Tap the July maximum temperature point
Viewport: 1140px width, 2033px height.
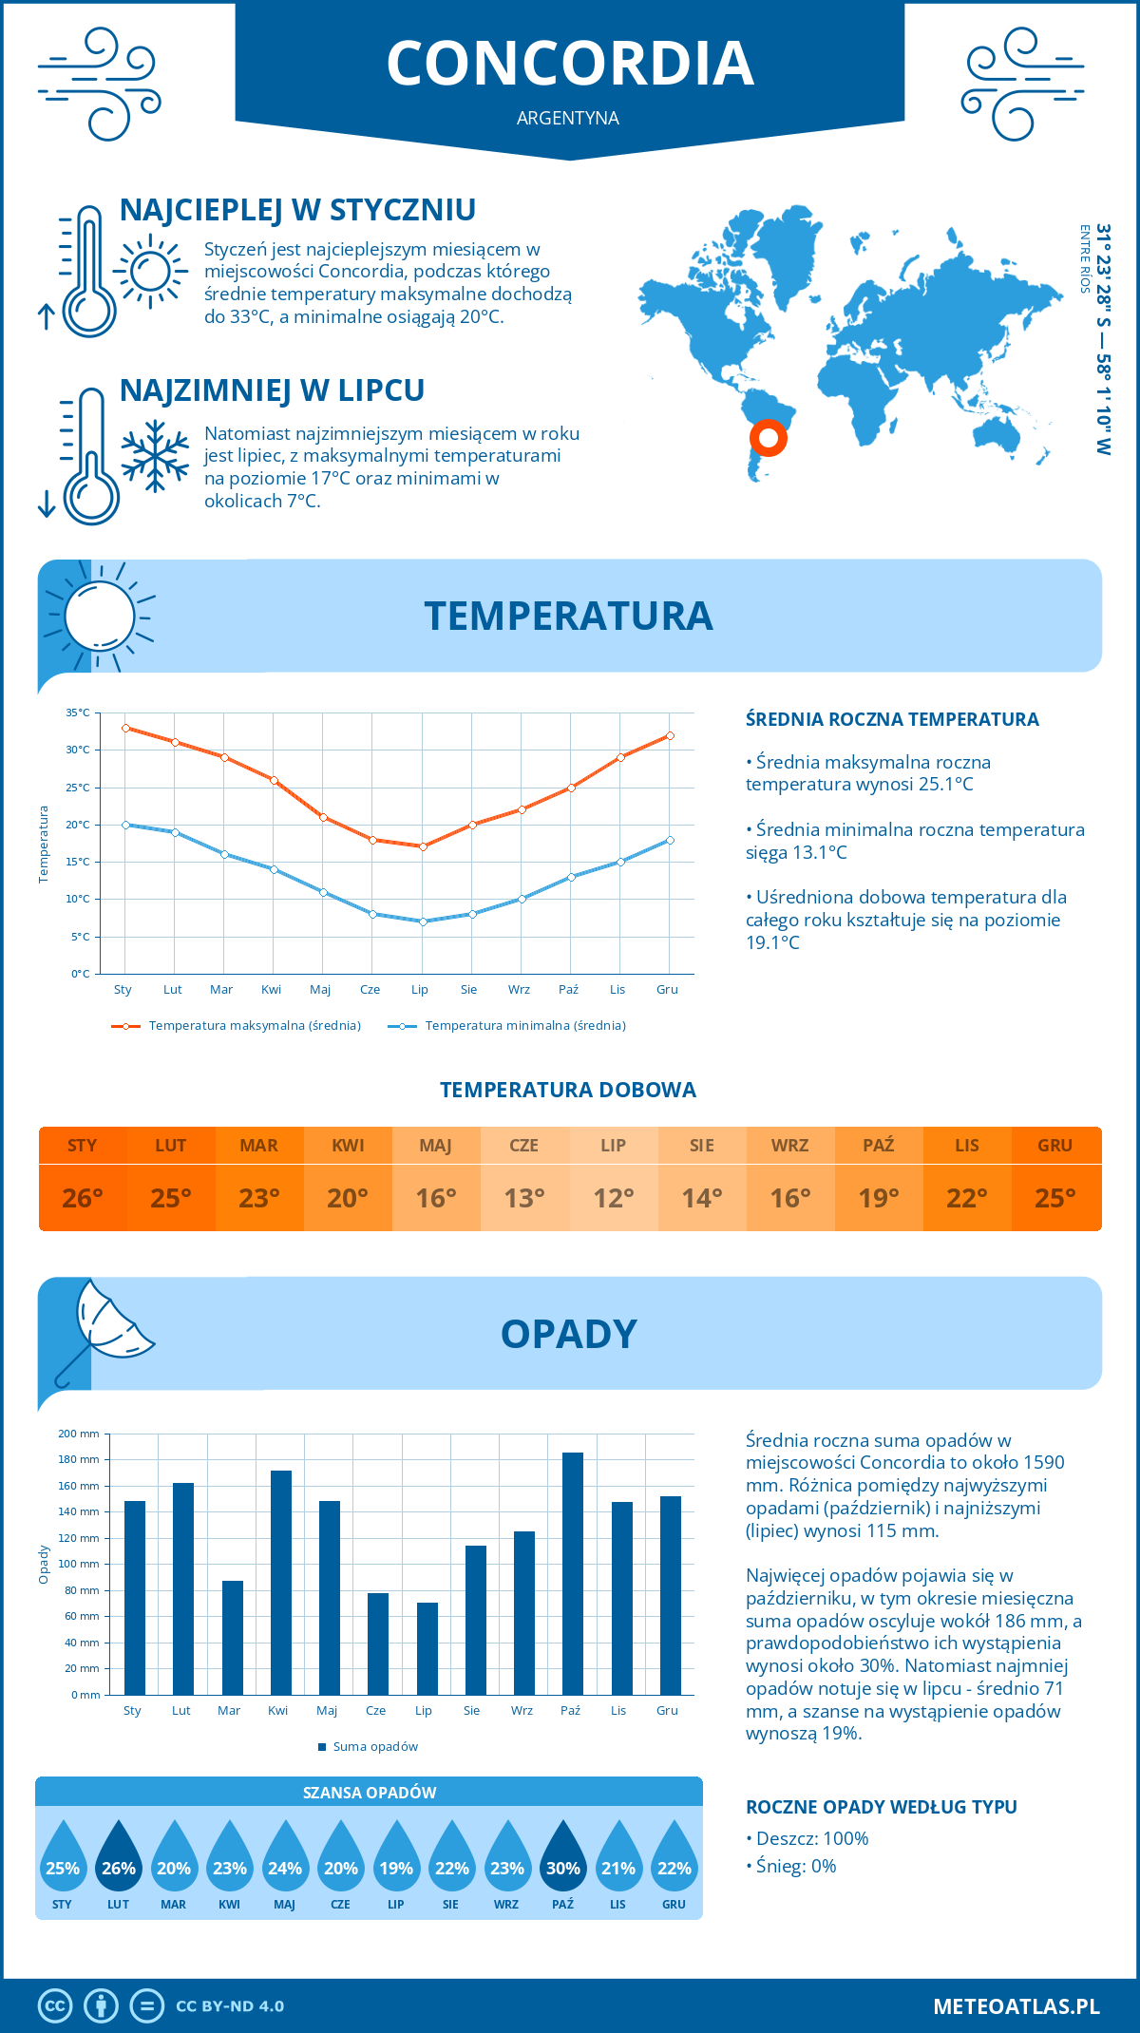point(423,846)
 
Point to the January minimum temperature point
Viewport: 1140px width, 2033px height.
point(125,825)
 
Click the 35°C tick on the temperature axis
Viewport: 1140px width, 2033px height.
point(78,712)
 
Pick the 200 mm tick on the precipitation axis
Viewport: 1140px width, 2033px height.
point(79,1434)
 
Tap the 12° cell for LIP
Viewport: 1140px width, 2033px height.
point(613,1198)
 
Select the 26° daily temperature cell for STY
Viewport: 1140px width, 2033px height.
point(83,1198)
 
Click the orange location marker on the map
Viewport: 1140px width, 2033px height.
point(768,438)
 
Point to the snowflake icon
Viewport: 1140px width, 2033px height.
point(155,456)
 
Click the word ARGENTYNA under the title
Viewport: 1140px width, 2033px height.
point(568,118)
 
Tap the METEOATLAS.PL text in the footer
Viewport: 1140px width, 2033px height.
point(1016,2005)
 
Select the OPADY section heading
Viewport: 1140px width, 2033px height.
point(568,1334)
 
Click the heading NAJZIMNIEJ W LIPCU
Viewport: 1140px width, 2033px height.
point(272,390)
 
